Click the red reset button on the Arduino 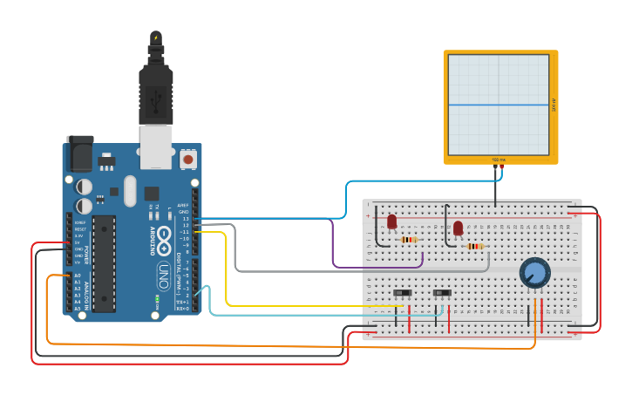pos(187,160)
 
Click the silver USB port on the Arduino pos(156,146)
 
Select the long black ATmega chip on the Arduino pos(104,262)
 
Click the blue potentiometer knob pos(534,273)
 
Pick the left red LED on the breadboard pos(391,221)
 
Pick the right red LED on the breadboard pos(458,228)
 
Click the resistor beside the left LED pos(408,240)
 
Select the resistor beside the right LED pos(474,247)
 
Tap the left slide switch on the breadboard pos(402,293)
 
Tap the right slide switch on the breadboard pos(442,293)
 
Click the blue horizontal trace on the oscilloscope pos(499,106)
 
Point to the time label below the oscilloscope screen pos(499,160)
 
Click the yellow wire pos(228,270)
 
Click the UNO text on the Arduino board pos(163,276)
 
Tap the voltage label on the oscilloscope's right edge pos(554,105)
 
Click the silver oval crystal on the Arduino pos(131,190)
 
